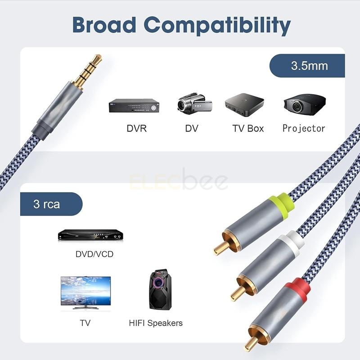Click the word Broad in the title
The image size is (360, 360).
104,25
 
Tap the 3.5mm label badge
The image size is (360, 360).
307,66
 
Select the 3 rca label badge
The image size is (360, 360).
51,204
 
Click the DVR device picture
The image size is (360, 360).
135,106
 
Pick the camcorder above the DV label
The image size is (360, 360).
195,104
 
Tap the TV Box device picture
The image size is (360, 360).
244,105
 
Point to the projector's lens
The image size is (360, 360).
298,106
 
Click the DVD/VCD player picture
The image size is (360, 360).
90,235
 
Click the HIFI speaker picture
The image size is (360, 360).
161,290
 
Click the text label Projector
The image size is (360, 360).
304,128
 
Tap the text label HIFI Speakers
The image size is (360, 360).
156,323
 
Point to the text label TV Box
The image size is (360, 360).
248,128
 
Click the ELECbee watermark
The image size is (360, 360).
179,182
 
